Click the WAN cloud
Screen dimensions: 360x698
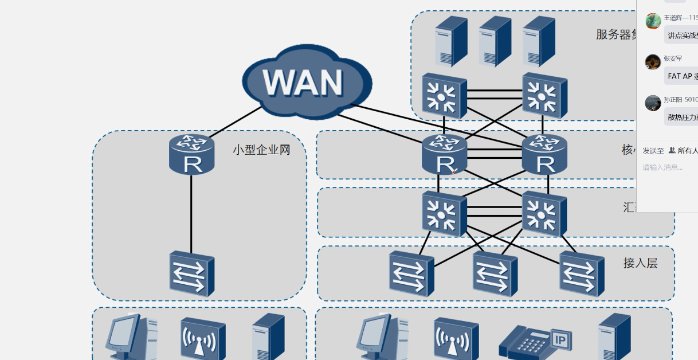click(x=307, y=82)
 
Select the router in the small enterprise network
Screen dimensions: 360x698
click(x=191, y=154)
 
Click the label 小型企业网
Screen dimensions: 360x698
click(x=261, y=150)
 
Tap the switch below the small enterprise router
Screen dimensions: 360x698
click(x=191, y=273)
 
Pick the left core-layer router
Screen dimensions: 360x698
click(x=444, y=155)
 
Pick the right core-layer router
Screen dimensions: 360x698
click(x=544, y=155)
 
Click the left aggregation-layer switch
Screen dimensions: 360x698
click(x=444, y=214)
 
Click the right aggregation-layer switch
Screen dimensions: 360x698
click(x=544, y=214)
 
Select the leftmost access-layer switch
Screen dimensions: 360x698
click(x=411, y=273)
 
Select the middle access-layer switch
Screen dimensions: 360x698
click(x=495, y=273)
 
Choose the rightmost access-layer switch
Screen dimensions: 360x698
click(x=582, y=273)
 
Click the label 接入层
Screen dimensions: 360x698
click(x=640, y=263)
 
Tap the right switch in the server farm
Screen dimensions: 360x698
click(x=544, y=95)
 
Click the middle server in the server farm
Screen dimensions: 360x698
click(x=495, y=41)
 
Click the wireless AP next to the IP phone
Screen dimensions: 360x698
click(x=456, y=339)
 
